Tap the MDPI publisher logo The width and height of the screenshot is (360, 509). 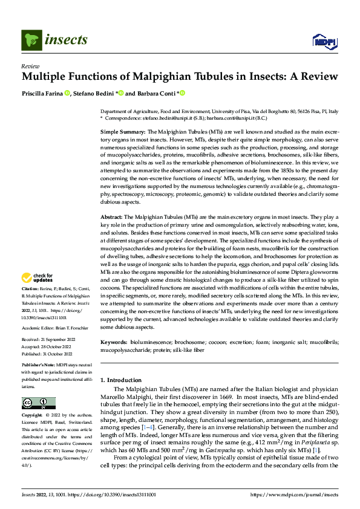[323, 41]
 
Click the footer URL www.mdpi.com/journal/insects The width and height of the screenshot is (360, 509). [301, 494]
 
